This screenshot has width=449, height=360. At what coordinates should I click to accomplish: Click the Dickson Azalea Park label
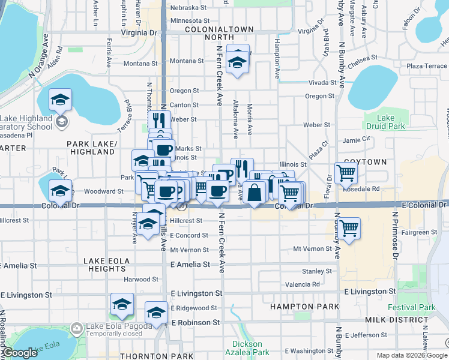pos(247,348)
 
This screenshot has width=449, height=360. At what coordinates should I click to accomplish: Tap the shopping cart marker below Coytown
pos(347,173)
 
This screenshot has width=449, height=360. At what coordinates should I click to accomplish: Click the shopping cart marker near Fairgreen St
pos(348,228)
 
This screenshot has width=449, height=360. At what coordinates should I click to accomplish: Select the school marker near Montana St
pos(238,62)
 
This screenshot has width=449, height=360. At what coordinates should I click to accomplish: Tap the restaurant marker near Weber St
pos(158,120)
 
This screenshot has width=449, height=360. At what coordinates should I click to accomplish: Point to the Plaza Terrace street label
pos(426,66)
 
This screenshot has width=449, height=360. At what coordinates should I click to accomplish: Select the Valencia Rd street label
pos(303,284)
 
